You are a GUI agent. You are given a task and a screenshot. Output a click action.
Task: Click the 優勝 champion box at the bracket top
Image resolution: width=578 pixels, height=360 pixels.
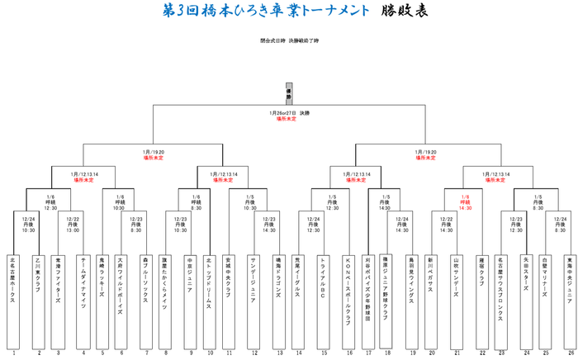[289, 93]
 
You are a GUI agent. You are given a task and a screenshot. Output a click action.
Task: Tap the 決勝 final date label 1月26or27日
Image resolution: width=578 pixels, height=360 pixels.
[288, 113]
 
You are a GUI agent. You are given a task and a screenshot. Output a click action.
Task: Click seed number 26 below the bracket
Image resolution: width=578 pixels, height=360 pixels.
[571, 353]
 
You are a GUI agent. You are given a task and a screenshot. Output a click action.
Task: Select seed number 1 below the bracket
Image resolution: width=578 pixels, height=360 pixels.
[12, 353]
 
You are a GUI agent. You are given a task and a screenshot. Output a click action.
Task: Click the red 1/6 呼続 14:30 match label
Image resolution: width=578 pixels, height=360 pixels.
[465, 202]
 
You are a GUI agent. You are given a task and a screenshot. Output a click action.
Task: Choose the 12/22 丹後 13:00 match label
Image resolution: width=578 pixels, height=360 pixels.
[73, 224]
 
